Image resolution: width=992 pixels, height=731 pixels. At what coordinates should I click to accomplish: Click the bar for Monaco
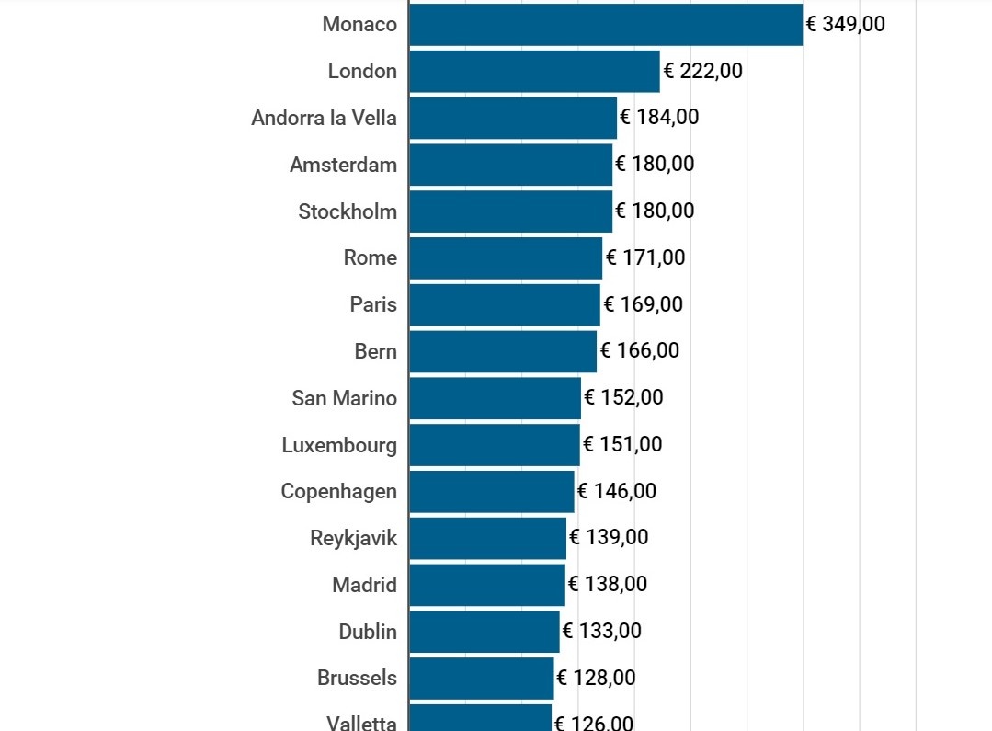[606, 25]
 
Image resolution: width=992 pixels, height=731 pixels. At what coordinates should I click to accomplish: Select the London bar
[534, 72]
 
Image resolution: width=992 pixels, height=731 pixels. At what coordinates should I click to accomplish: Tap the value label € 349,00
[845, 25]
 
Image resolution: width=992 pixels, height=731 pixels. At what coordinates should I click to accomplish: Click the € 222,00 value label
[703, 72]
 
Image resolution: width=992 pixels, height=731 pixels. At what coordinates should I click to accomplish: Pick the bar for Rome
[506, 258]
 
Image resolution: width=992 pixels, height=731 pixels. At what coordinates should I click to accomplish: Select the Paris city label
[373, 304]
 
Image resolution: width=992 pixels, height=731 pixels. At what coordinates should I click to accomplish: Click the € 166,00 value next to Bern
[640, 351]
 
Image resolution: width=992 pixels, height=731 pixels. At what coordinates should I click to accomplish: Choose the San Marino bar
[495, 398]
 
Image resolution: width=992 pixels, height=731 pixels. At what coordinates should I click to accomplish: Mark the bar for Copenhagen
[492, 492]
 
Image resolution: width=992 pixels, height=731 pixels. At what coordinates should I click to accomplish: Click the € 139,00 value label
[609, 538]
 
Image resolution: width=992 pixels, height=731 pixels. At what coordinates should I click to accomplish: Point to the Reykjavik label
[353, 539]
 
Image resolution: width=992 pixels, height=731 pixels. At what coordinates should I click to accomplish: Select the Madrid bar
[487, 585]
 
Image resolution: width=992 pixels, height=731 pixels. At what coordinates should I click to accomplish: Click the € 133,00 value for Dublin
[602, 632]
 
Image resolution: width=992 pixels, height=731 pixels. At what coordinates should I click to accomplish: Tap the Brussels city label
[357, 679]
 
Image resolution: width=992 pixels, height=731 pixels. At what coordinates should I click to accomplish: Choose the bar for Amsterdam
[510, 166]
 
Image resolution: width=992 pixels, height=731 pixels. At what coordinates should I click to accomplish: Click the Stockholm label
[348, 211]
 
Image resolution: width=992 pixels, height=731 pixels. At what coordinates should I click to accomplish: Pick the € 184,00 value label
[659, 118]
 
